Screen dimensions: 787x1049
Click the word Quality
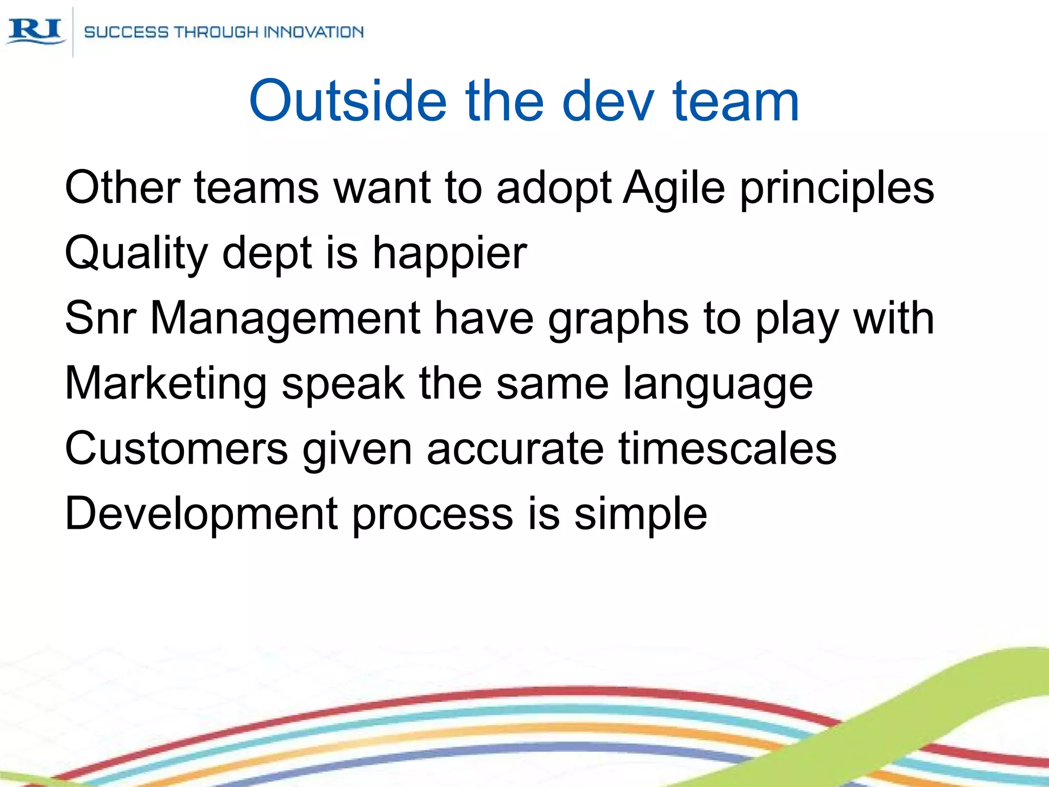(x=136, y=254)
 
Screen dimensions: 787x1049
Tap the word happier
(x=449, y=254)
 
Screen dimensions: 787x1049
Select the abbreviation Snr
(x=100, y=318)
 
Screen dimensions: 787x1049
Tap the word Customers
(x=176, y=448)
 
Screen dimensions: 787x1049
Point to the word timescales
(x=727, y=448)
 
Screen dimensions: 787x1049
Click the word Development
(x=201, y=514)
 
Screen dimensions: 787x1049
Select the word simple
(x=640, y=514)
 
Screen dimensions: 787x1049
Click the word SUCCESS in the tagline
(x=126, y=32)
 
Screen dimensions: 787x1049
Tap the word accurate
(x=515, y=448)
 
